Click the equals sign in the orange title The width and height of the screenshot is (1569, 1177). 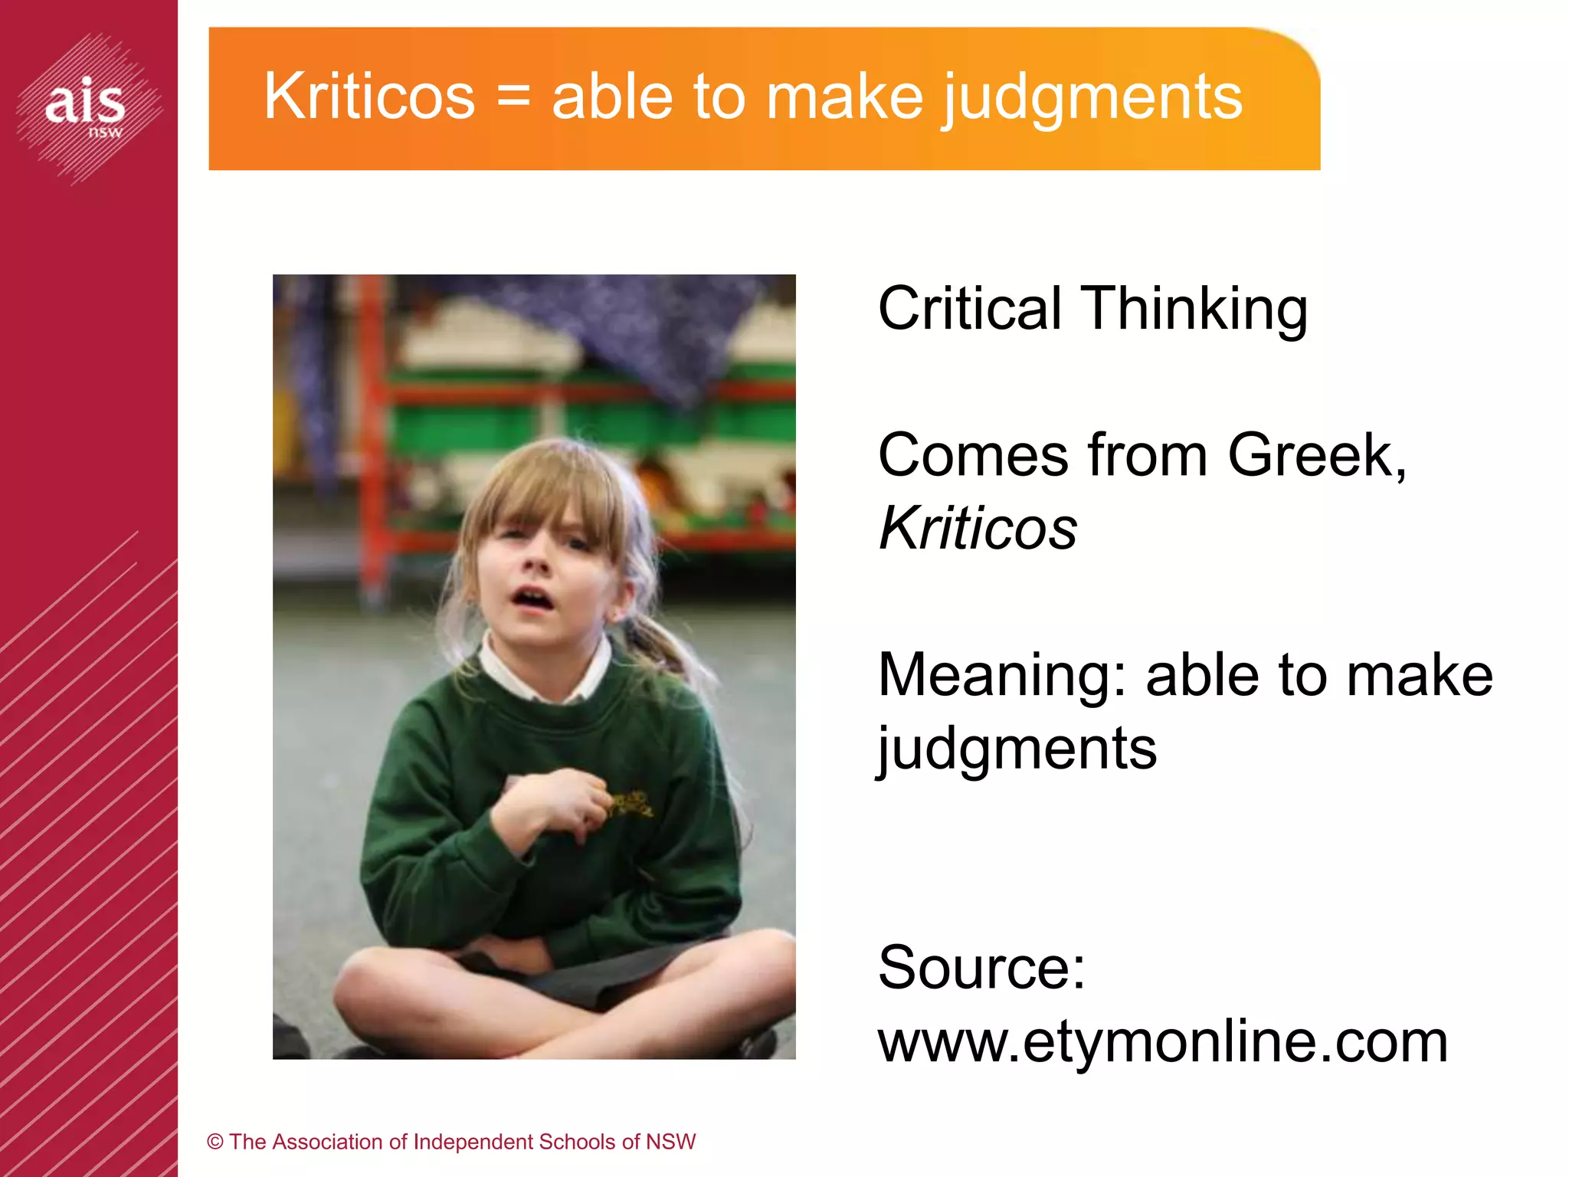pyautogui.click(x=513, y=98)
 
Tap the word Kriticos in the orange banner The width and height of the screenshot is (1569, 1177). pyautogui.click(x=369, y=97)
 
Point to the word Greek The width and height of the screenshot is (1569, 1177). pyautogui.click(x=1315, y=455)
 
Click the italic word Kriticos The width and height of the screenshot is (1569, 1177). pyautogui.click(x=978, y=528)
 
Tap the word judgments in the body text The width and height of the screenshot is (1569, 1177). pyautogui.click(x=1017, y=749)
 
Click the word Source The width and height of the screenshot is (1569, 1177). pyautogui.click(x=981, y=967)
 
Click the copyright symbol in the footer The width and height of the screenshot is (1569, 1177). pyautogui.click(x=215, y=1142)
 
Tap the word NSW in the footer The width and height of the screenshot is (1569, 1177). pyautogui.click(x=670, y=1142)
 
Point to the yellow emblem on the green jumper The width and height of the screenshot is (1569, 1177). pyautogui.click(x=630, y=803)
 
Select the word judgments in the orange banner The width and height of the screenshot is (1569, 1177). pyautogui.click(x=1091, y=98)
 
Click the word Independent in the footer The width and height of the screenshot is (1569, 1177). pyautogui.click(x=474, y=1142)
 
